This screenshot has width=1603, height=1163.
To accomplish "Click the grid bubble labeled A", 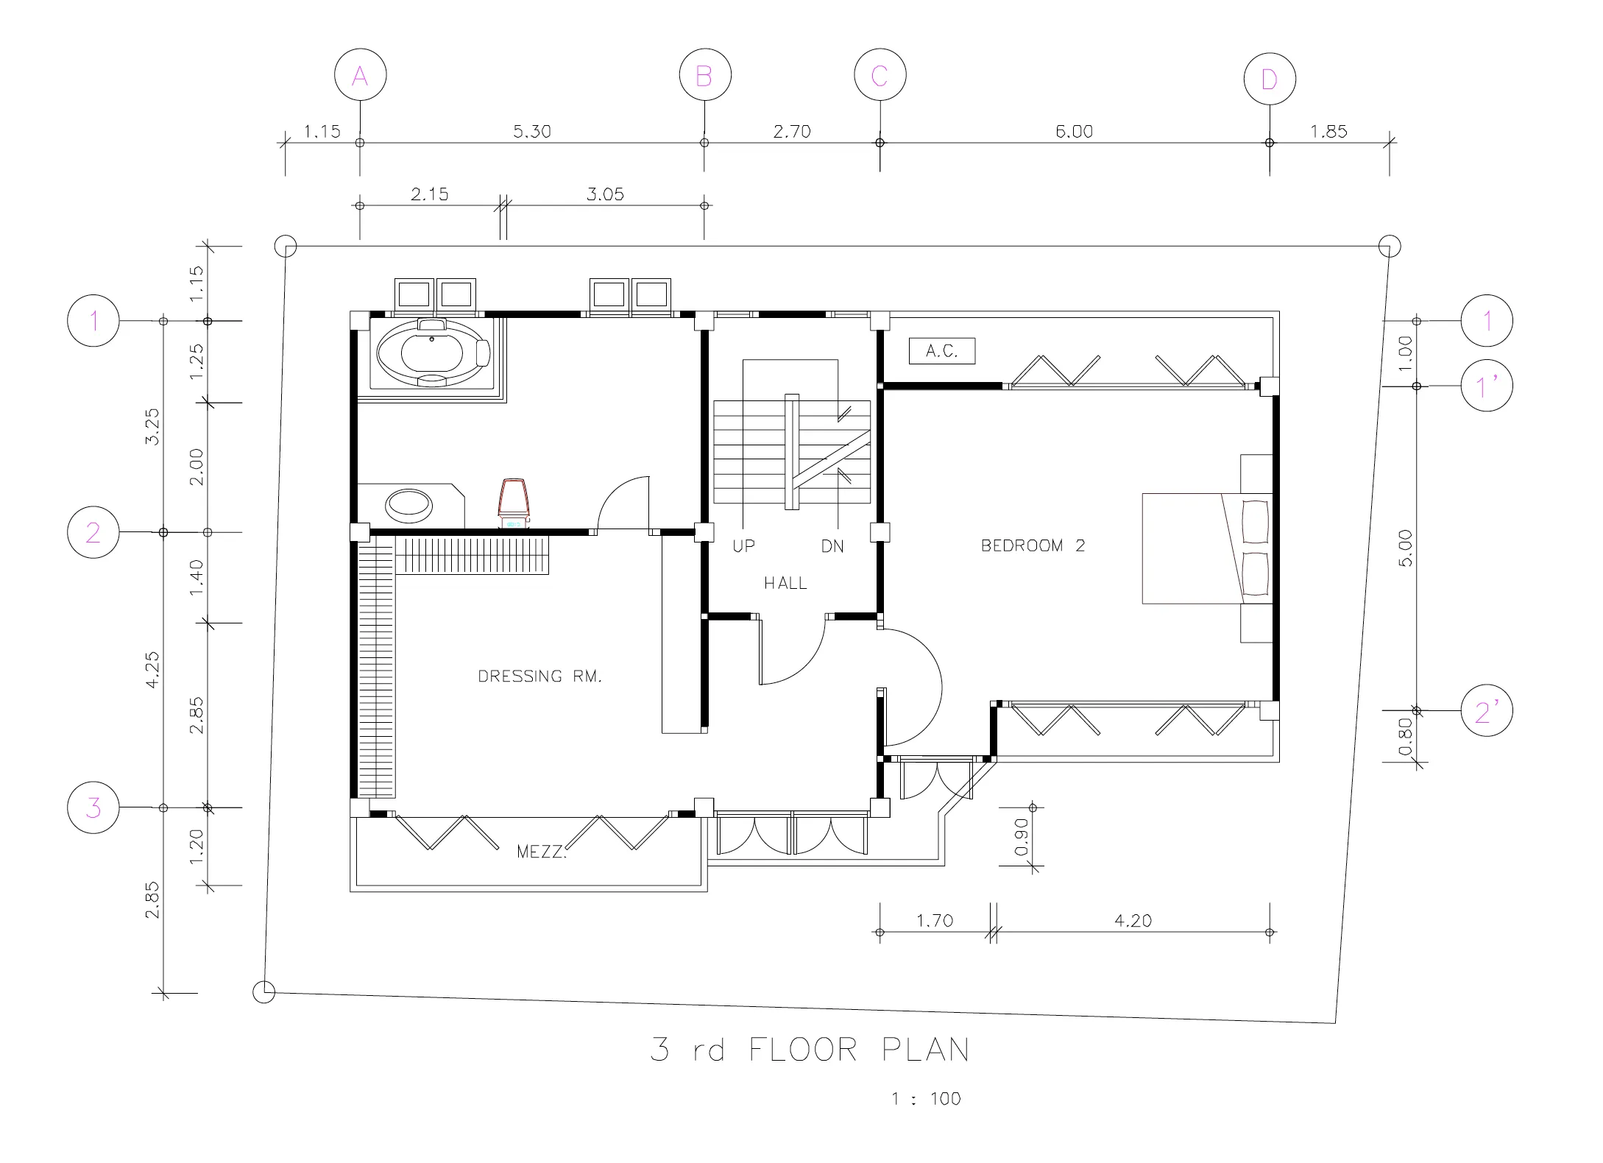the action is [x=360, y=75].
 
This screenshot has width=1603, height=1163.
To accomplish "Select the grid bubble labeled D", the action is [x=1270, y=79].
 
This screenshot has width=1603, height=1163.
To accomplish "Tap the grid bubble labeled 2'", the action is [x=1487, y=711].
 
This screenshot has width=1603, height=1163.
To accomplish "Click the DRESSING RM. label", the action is [x=539, y=676].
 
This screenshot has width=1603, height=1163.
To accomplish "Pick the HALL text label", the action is [x=785, y=583].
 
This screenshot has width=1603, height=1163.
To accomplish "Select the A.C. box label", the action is [x=942, y=351].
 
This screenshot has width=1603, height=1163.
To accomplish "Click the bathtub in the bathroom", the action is [x=433, y=353].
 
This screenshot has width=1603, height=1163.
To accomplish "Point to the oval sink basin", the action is [x=409, y=505].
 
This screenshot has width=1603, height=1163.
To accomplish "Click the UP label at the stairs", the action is [x=743, y=546].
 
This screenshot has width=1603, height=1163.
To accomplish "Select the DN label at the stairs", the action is [x=832, y=546].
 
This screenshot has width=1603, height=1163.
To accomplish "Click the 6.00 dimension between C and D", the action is [x=1074, y=131].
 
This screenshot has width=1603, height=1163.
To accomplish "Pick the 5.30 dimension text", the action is [x=532, y=131].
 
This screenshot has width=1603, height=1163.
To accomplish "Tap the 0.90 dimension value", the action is [x=1021, y=838].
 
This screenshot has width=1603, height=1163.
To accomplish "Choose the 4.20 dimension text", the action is [x=1133, y=920].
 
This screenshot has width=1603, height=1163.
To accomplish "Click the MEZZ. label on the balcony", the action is [x=542, y=852].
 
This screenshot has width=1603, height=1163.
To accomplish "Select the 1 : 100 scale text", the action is [x=926, y=1098].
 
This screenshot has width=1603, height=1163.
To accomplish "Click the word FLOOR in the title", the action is [x=804, y=1050].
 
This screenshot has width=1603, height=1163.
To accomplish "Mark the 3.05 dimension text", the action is [x=605, y=194].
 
